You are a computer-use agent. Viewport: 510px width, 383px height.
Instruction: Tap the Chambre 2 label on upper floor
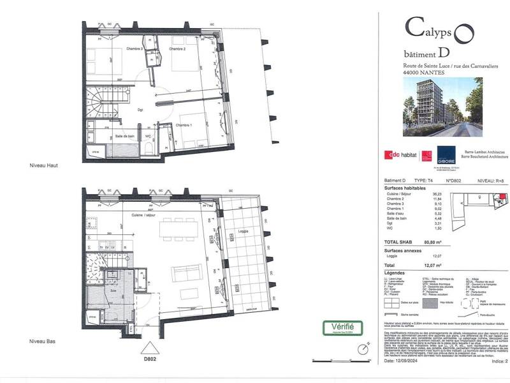pos(177,49)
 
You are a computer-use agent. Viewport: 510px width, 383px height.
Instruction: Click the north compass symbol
pos(363,349)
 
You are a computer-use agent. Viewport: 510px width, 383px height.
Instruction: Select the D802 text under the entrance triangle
pos(150,359)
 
